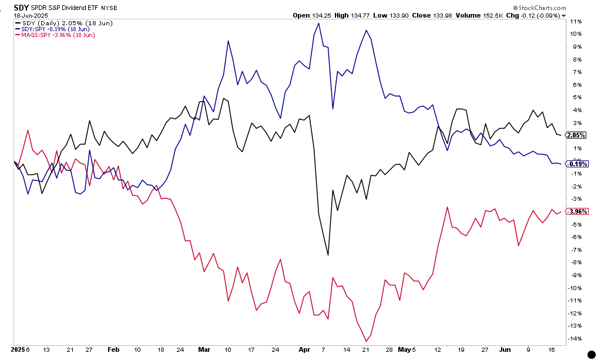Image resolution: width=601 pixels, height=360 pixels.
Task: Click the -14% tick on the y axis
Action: (576, 338)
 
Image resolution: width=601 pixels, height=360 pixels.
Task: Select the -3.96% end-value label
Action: (575, 211)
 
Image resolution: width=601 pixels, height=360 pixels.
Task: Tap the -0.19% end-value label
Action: (575, 163)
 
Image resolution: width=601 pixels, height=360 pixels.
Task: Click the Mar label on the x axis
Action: (204, 349)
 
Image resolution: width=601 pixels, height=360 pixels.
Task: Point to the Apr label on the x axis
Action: (304, 349)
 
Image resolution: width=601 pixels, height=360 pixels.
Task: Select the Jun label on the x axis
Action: (505, 349)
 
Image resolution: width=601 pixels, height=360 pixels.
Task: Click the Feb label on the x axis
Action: (113, 349)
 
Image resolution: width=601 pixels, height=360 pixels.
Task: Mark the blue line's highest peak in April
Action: (318, 23)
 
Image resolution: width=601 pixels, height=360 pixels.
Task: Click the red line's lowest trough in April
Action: (366, 341)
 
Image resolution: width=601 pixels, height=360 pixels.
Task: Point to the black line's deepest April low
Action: (328, 255)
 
